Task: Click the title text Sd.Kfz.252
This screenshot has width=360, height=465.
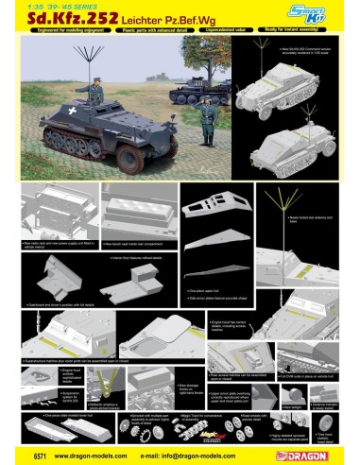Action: coord(66,30)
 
